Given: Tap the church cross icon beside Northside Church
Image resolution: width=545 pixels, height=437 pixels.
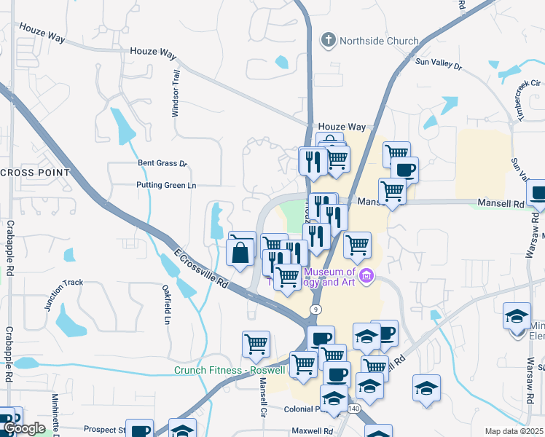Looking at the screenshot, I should [x=328, y=40].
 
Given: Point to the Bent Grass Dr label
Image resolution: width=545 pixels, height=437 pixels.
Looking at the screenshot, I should [x=162, y=164].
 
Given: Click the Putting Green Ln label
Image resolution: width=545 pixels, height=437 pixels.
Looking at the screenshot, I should [x=166, y=186].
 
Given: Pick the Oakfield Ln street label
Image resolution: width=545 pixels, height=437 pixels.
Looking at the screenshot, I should [x=167, y=307].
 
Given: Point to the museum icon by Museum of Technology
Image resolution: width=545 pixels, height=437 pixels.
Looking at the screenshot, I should [x=367, y=275].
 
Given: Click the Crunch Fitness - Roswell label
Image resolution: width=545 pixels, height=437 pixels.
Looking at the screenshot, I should [x=231, y=370].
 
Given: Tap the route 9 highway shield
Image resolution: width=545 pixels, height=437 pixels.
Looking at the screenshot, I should [x=315, y=310].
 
